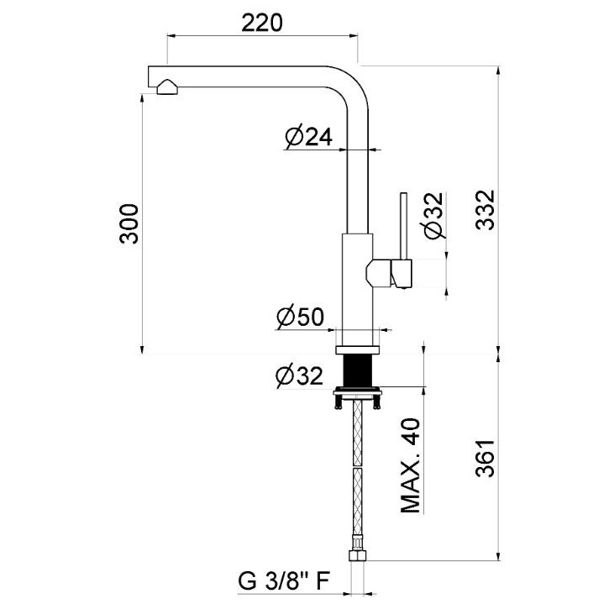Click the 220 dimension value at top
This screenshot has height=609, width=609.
262,23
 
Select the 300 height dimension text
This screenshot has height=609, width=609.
129,223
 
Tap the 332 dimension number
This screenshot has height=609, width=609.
486,210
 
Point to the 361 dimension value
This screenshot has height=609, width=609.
486,459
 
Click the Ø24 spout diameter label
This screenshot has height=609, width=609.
309,136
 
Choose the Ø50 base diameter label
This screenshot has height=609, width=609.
300,317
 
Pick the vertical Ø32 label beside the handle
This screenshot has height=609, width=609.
433,216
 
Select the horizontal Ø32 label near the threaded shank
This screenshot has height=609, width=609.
299,375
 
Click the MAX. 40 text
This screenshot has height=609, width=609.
410,465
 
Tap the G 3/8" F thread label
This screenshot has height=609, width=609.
284,581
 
